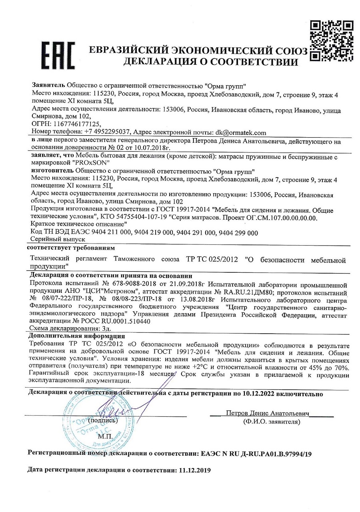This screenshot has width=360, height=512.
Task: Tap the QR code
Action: [332, 40]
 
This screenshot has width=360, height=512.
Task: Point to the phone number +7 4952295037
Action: [107, 132]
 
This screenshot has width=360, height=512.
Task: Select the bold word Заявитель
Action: [48, 86]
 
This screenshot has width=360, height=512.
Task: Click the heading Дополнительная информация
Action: [77, 336]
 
